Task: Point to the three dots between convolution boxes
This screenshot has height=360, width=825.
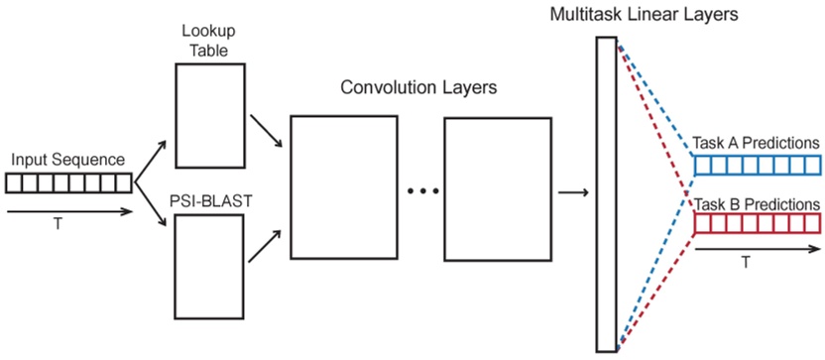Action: tap(423, 190)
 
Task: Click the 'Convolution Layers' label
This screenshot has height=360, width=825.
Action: tap(418, 87)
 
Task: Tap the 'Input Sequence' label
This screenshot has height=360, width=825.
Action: tap(68, 160)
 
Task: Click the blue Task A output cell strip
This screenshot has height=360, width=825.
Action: tap(758, 164)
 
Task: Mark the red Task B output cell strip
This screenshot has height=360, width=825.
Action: tap(758, 223)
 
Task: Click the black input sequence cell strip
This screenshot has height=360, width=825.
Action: tap(68, 182)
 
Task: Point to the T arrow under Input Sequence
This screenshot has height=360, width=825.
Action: tap(68, 210)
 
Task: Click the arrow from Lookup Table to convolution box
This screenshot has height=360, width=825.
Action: tap(265, 127)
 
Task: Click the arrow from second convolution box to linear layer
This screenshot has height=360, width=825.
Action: tap(571, 192)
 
